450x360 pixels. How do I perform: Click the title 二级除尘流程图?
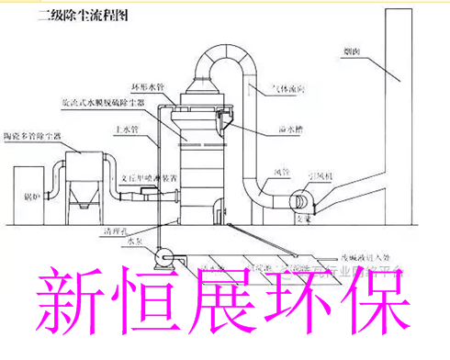pos(81,17)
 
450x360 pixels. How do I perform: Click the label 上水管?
pos(125,131)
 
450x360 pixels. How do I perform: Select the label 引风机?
pos(326,171)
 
